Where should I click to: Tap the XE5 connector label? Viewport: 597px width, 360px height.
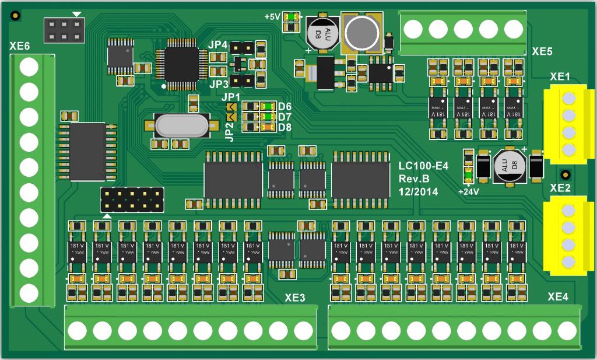click(x=542, y=51)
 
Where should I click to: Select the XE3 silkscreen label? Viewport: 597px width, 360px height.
click(x=295, y=298)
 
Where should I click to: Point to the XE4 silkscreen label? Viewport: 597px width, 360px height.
click(x=558, y=297)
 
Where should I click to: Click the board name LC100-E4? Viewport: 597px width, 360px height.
click(x=423, y=167)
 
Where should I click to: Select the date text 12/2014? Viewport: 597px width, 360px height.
click(x=419, y=191)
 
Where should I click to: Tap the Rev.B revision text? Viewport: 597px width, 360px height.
click(x=414, y=179)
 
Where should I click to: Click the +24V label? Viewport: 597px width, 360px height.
click(x=468, y=191)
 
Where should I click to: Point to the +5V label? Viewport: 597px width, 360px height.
click(x=272, y=17)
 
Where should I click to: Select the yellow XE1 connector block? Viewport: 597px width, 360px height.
click(x=565, y=124)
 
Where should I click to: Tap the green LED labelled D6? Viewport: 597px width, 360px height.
click(x=268, y=106)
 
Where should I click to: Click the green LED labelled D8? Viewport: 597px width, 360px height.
click(x=268, y=127)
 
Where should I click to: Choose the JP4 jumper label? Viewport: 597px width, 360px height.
click(x=219, y=44)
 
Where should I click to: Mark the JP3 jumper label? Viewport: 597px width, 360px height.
click(x=219, y=84)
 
